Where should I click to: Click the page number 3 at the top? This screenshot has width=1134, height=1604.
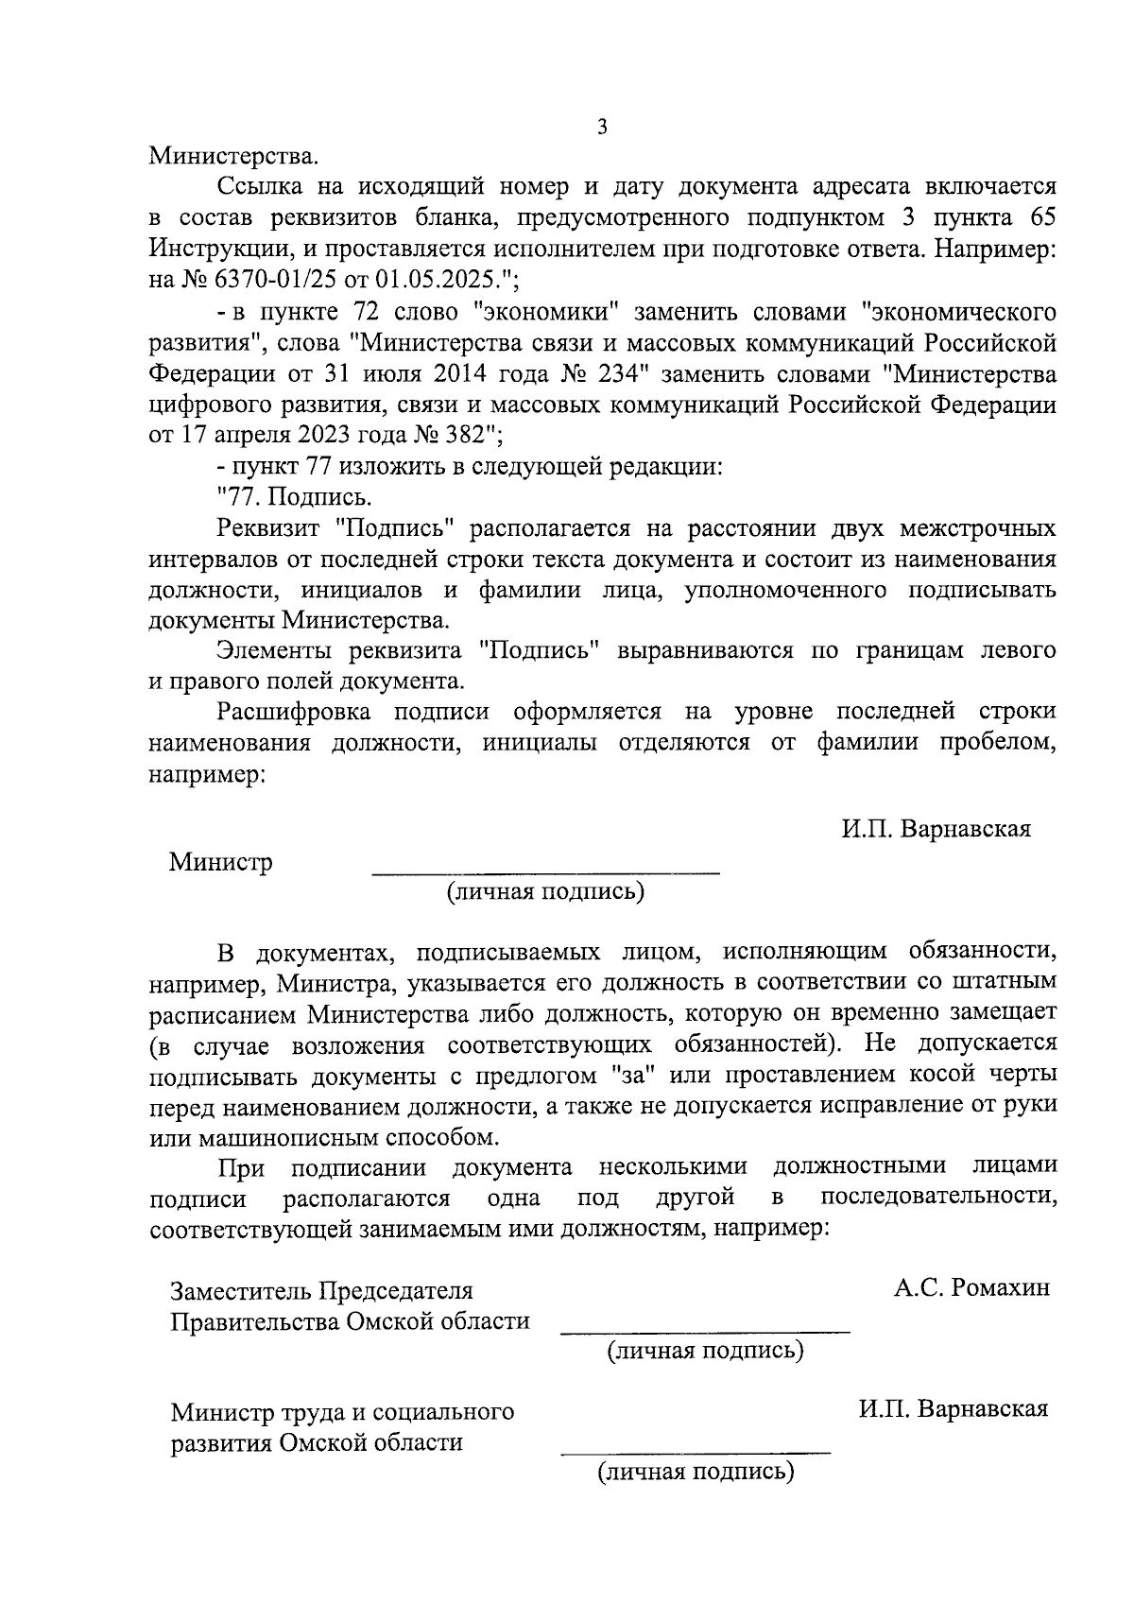coord(602,128)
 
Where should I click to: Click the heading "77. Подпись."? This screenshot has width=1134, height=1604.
coord(295,496)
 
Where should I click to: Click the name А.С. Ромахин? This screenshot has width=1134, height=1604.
coord(972,1287)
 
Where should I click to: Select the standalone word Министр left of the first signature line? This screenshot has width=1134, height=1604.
coord(221,862)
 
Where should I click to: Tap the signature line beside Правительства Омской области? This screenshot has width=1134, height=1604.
coord(705,1332)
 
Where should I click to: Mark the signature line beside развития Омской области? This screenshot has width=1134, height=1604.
coord(696,1452)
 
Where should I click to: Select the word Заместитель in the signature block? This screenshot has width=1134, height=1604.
coord(239,1290)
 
